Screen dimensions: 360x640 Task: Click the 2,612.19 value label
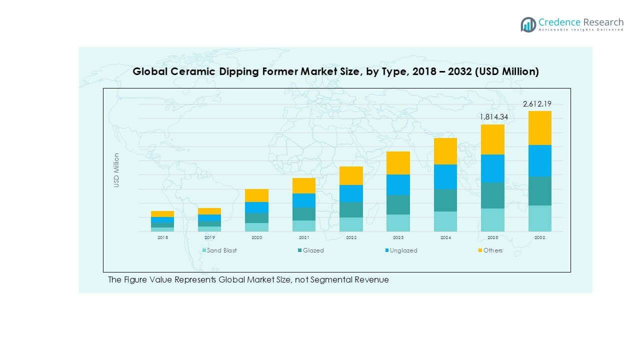pos(536,104)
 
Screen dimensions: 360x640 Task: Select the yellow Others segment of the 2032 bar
pos(539,128)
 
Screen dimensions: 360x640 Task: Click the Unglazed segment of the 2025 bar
pos(492,168)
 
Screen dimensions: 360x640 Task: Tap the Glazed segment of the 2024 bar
pos(445,200)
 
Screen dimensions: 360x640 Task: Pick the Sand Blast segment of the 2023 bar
pos(398,223)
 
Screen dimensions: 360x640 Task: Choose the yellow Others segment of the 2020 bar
pos(256,195)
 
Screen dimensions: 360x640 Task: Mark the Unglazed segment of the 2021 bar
pos(304,200)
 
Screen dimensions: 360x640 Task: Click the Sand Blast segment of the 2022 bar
pos(351,224)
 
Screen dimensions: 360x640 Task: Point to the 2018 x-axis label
pos(162,238)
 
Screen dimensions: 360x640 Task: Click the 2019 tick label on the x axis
pos(209,238)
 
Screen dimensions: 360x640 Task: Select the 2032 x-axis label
pos(539,238)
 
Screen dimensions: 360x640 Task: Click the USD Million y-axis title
pos(116,170)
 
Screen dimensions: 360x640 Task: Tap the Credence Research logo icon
pos(528,24)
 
